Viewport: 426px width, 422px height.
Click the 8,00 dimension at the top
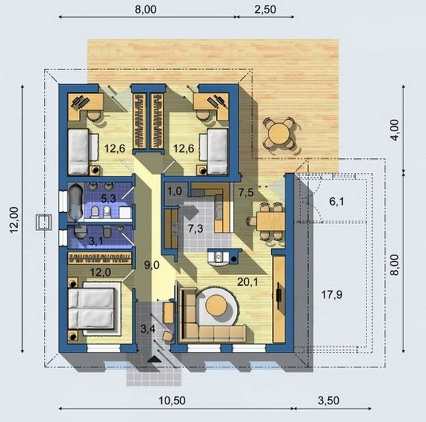pyautogui.click(x=146, y=9)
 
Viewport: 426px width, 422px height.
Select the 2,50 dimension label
pyautogui.click(x=265, y=9)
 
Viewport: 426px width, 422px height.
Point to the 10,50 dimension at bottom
pyautogui.click(x=172, y=401)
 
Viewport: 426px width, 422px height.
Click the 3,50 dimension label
pyautogui.click(x=329, y=401)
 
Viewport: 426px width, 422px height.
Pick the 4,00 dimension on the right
pyautogui.click(x=395, y=130)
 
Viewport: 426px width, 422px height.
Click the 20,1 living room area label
pyautogui.click(x=248, y=282)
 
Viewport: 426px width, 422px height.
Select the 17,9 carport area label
pyautogui.click(x=332, y=294)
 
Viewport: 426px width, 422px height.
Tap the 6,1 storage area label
pyautogui.click(x=337, y=201)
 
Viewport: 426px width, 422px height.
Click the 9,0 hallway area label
pyautogui.click(x=152, y=265)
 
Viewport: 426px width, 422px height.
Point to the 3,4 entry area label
pyautogui.click(x=148, y=329)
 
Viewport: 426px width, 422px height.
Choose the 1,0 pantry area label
pyautogui.click(x=175, y=191)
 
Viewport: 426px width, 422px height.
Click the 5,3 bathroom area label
pyautogui.click(x=109, y=199)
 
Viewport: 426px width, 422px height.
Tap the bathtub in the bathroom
pyautogui.click(x=75, y=201)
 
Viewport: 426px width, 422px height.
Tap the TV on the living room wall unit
pyautogui.click(x=279, y=296)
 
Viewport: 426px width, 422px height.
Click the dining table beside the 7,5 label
pyautogui.click(x=271, y=221)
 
